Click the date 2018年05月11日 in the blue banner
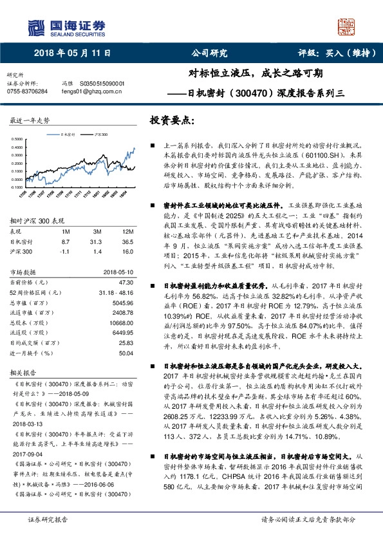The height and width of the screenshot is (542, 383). pos(72,53)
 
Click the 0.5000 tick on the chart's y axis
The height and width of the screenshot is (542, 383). pos(19,138)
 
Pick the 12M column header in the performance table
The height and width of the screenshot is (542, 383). pos(127,230)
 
